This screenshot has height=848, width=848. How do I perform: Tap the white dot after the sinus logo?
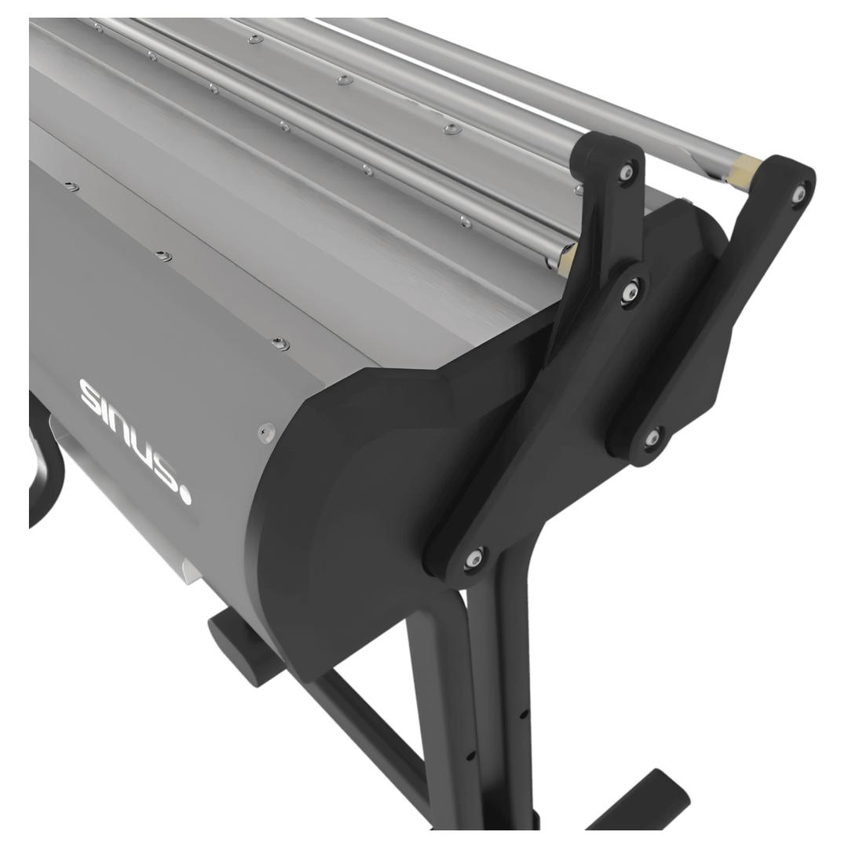pos(185,497)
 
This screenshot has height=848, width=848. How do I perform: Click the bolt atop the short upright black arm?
pos(627,171)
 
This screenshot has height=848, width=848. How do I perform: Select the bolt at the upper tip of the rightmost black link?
pos(799,192)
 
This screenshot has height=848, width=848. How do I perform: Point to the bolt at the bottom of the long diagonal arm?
pos(473,558)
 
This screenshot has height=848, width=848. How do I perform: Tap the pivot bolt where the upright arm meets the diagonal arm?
pos(629,292)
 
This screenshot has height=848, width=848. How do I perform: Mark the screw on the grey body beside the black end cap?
pos(265,432)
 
